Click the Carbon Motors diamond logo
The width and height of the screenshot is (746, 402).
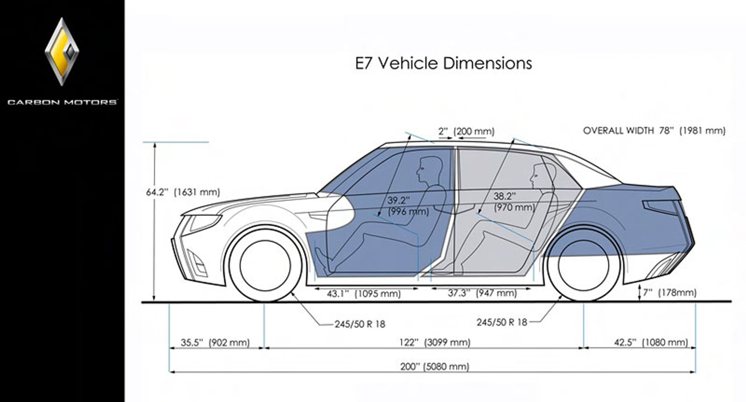[62, 52]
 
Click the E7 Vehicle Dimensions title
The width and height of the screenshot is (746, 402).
[443, 64]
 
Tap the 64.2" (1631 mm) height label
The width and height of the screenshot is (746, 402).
[183, 192]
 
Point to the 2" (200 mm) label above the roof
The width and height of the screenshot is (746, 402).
[466, 131]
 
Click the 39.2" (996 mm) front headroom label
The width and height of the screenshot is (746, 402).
[408, 206]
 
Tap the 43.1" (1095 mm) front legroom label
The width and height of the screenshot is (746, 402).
[363, 294]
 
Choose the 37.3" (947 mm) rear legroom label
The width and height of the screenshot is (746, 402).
[482, 293]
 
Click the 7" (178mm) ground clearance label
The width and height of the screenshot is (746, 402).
[669, 293]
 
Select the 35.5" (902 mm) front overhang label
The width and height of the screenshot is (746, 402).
[215, 342]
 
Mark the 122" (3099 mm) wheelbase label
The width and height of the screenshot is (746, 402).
[435, 342]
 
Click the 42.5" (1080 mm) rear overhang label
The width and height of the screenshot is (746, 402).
[651, 342]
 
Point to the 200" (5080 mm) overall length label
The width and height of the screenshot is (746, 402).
[435, 366]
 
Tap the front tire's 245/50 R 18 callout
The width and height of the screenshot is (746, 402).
[360, 324]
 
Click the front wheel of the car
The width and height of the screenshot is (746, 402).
[265, 265]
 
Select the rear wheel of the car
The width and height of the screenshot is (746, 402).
[583, 265]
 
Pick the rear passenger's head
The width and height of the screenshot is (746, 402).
[540, 176]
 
